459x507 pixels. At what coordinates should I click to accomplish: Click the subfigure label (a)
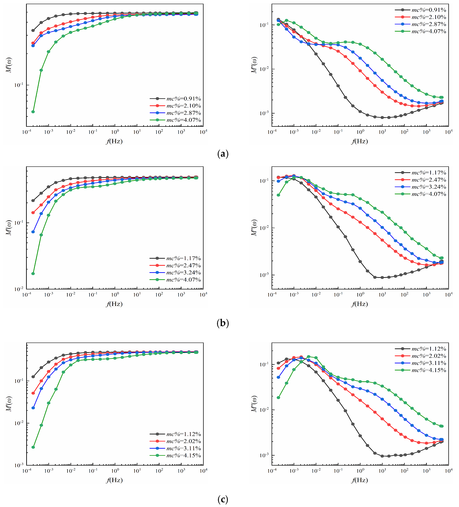click(223, 154)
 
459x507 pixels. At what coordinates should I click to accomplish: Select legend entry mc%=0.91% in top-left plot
click(183, 99)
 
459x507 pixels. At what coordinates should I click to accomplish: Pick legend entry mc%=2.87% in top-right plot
click(429, 24)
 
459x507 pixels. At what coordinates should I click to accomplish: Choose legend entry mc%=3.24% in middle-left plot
click(183, 273)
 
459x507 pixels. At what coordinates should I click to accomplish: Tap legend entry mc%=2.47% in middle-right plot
click(429, 180)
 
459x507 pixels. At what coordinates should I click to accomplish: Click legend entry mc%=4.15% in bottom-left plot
click(183, 455)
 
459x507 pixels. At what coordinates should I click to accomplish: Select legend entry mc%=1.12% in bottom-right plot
click(429, 349)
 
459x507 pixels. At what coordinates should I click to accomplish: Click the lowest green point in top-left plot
click(33, 112)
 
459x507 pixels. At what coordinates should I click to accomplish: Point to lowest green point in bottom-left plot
click(33, 447)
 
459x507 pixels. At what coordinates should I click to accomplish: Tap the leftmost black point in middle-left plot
click(33, 200)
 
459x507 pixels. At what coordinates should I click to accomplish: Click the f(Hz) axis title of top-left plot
click(114, 141)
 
